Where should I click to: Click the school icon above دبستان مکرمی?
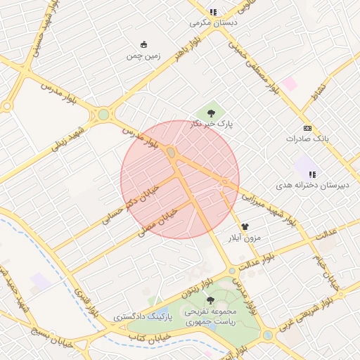pos(213,12)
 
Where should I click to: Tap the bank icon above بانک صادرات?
pos(307,128)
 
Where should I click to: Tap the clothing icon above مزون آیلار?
pos(245,226)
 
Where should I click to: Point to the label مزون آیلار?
pos(242,238)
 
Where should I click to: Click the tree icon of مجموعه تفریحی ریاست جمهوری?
pos(210,300)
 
